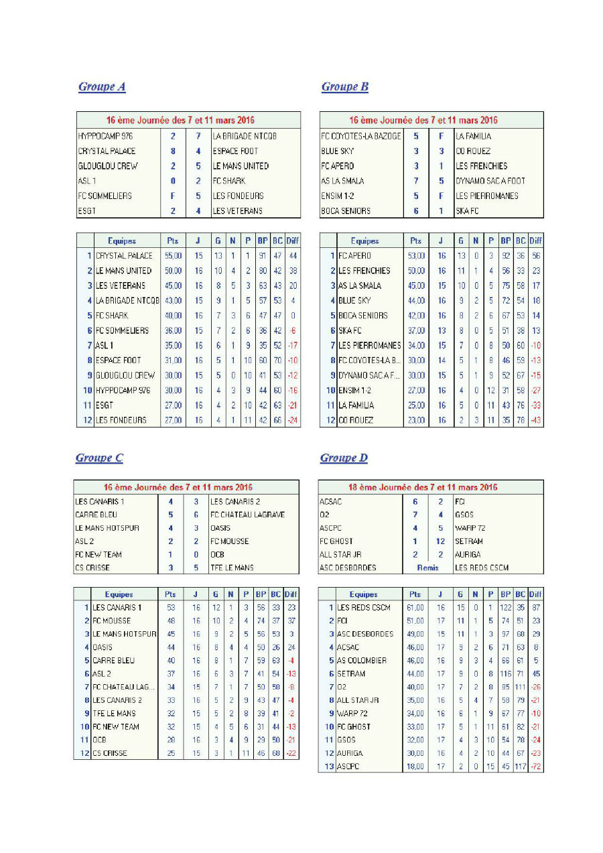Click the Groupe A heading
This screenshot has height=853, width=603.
point(102,86)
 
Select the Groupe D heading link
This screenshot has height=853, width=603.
point(344,458)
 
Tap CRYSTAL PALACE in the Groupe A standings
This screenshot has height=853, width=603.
point(124,255)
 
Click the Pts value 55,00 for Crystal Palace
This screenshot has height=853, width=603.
point(173,255)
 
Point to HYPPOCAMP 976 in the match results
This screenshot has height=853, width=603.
point(105,136)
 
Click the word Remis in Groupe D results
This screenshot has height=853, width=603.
point(427,568)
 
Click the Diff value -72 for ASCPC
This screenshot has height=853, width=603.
point(535,766)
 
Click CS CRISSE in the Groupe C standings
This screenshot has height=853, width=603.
point(110,753)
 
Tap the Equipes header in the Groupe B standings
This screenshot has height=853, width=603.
point(364,241)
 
